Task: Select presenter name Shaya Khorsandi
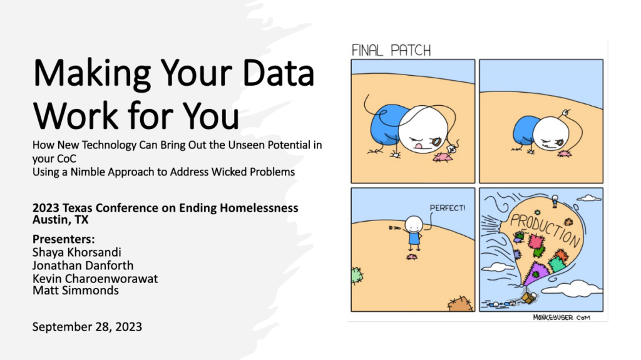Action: pos(77,252)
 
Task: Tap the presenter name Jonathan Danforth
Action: pos(83,265)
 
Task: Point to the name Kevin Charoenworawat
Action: pos(95,279)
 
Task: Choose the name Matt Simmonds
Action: pos(76,291)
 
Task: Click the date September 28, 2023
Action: pos(87,327)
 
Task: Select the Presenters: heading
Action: pos(63,239)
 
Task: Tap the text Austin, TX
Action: pos(61,220)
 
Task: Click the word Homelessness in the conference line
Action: pos(259,208)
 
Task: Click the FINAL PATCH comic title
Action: pos(391,50)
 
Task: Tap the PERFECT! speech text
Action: pos(447,208)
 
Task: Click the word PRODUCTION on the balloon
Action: pos(545,230)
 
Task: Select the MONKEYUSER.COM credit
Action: pos(562,317)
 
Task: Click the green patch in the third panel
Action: pos(357,275)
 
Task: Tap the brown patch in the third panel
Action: pos(460,304)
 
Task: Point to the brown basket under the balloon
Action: pos(528,297)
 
